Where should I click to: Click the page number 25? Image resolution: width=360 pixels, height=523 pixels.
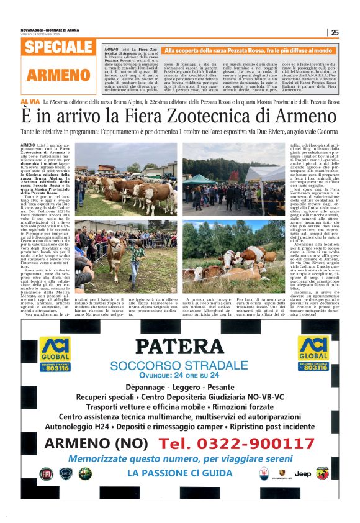[335, 33]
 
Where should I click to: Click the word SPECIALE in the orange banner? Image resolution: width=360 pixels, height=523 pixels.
[60, 48]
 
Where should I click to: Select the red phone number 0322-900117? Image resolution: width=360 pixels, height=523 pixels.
[236, 443]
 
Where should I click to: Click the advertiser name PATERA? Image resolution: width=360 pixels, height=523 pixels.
[179, 346]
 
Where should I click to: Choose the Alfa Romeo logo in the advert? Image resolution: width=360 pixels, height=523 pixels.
[84, 474]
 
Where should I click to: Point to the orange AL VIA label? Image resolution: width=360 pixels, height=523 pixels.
[30, 101]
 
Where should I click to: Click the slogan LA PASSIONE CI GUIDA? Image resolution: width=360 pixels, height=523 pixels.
[179, 473]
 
